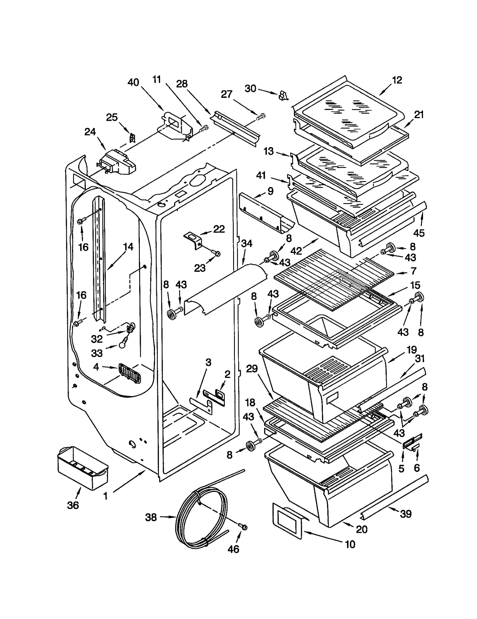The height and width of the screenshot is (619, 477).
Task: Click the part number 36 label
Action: [x=73, y=505]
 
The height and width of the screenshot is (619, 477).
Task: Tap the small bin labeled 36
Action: [x=83, y=469]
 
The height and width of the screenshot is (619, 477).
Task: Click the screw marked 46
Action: [x=243, y=527]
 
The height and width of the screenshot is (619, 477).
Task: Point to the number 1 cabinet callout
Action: [x=105, y=496]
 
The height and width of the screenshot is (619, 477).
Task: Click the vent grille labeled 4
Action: [x=130, y=373]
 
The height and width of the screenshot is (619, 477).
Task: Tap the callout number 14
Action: [x=128, y=247]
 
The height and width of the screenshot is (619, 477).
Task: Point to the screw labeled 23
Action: [x=217, y=253]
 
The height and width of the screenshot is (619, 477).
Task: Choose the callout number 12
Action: [x=397, y=80]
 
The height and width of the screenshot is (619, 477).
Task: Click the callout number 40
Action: [x=133, y=82]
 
